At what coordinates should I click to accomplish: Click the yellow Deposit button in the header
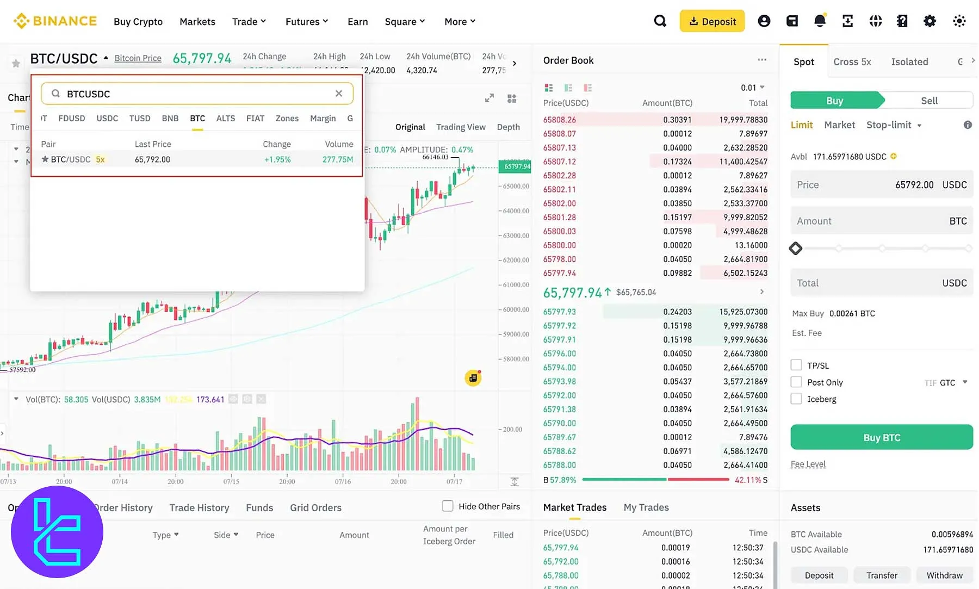tap(712, 22)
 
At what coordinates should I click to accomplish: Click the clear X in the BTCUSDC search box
tap(339, 94)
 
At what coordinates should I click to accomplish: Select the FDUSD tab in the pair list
tap(71, 119)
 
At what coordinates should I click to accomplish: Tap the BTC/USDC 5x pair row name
tap(71, 159)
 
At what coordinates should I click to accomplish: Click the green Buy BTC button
tap(881, 437)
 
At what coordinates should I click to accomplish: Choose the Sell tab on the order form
tap(929, 101)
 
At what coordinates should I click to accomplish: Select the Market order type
tap(839, 125)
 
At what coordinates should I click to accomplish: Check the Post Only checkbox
tap(796, 382)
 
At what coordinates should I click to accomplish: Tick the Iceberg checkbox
tap(796, 399)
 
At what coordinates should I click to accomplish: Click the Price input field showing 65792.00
tap(881, 185)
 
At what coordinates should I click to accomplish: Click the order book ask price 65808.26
tap(559, 120)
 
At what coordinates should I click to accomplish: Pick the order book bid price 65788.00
tap(559, 465)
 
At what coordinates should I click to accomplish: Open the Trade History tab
tap(199, 507)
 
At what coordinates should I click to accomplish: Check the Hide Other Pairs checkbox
tap(448, 506)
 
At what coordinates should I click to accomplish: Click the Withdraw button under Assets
tap(944, 575)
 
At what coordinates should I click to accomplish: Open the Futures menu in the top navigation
tap(307, 22)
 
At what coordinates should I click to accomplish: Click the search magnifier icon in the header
tap(660, 21)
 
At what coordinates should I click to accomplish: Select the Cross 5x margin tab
tap(852, 62)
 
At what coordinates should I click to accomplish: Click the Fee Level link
tap(808, 464)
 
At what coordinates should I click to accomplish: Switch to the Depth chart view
tap(508, 127)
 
